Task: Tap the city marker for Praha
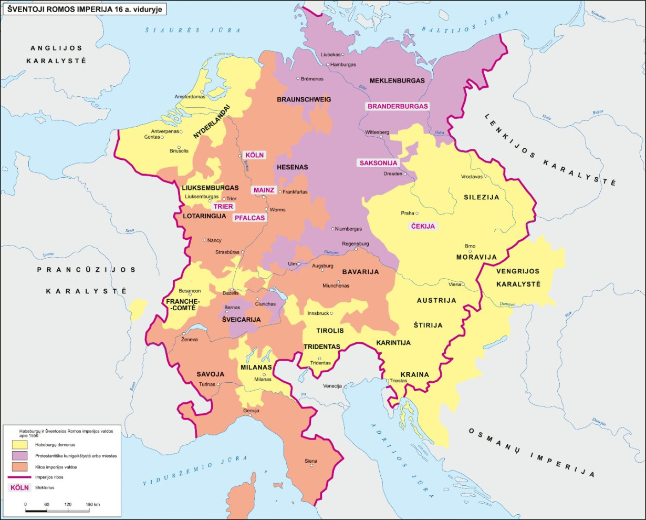click(x=418, y=213)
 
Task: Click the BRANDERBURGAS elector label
click(x=398, y=106)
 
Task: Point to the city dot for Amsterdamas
click(x=207, y=97)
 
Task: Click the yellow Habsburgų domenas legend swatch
click(x=20, y=445)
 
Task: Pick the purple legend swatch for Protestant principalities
click(x=20, y=456)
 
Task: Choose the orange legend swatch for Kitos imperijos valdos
click(x=20, y=467)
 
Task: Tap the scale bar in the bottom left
click(x=57, y=509)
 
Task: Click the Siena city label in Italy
click(x=311, y=461)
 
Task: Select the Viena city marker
click(x=463, y=284)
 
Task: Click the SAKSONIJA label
click(x=378, y=163)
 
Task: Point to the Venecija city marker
click(x=345, y=386)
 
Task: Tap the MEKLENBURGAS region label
click(x=397, y=81)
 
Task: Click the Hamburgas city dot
click(x=328, y=65)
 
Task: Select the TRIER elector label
click(x=223, y=207)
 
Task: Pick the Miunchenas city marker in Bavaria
click(x=324, y=286)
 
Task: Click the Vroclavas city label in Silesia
click(x=471, y=177)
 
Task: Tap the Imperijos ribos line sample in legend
click(x=20, y=477)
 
